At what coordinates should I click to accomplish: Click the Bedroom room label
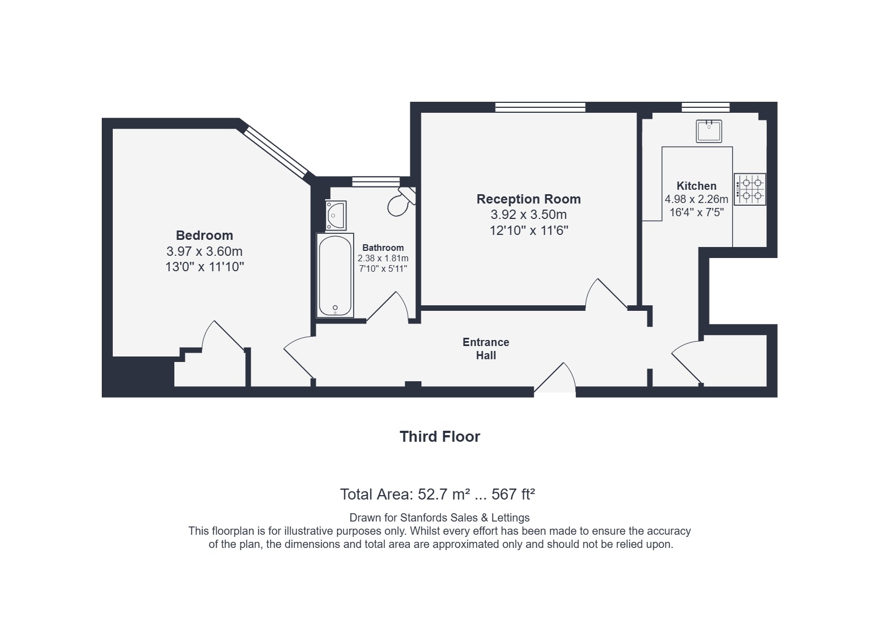(x=204, y=235)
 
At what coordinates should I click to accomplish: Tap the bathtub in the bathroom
(x=335, y=276)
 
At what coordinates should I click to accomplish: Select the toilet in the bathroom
(x=401, y=201)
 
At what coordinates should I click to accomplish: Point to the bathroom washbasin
(x=336, y=216)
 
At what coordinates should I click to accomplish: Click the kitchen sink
(x=708, y=131)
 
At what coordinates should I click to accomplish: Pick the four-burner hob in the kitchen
(x=750, y=189)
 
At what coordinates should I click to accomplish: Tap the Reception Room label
(x=529, y=199)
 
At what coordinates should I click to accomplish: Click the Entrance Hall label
(x=486, y=349)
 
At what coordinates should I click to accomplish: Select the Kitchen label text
(x=696, y=186)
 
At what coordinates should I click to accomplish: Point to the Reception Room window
(x=540, y=107)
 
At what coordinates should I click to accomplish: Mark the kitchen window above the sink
(x=706, y=107)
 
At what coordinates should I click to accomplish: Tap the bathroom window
(x=376, y=182)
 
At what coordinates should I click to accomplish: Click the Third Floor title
(x=439, y=437)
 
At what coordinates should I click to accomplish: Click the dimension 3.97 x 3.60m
(x=204, y=251)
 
